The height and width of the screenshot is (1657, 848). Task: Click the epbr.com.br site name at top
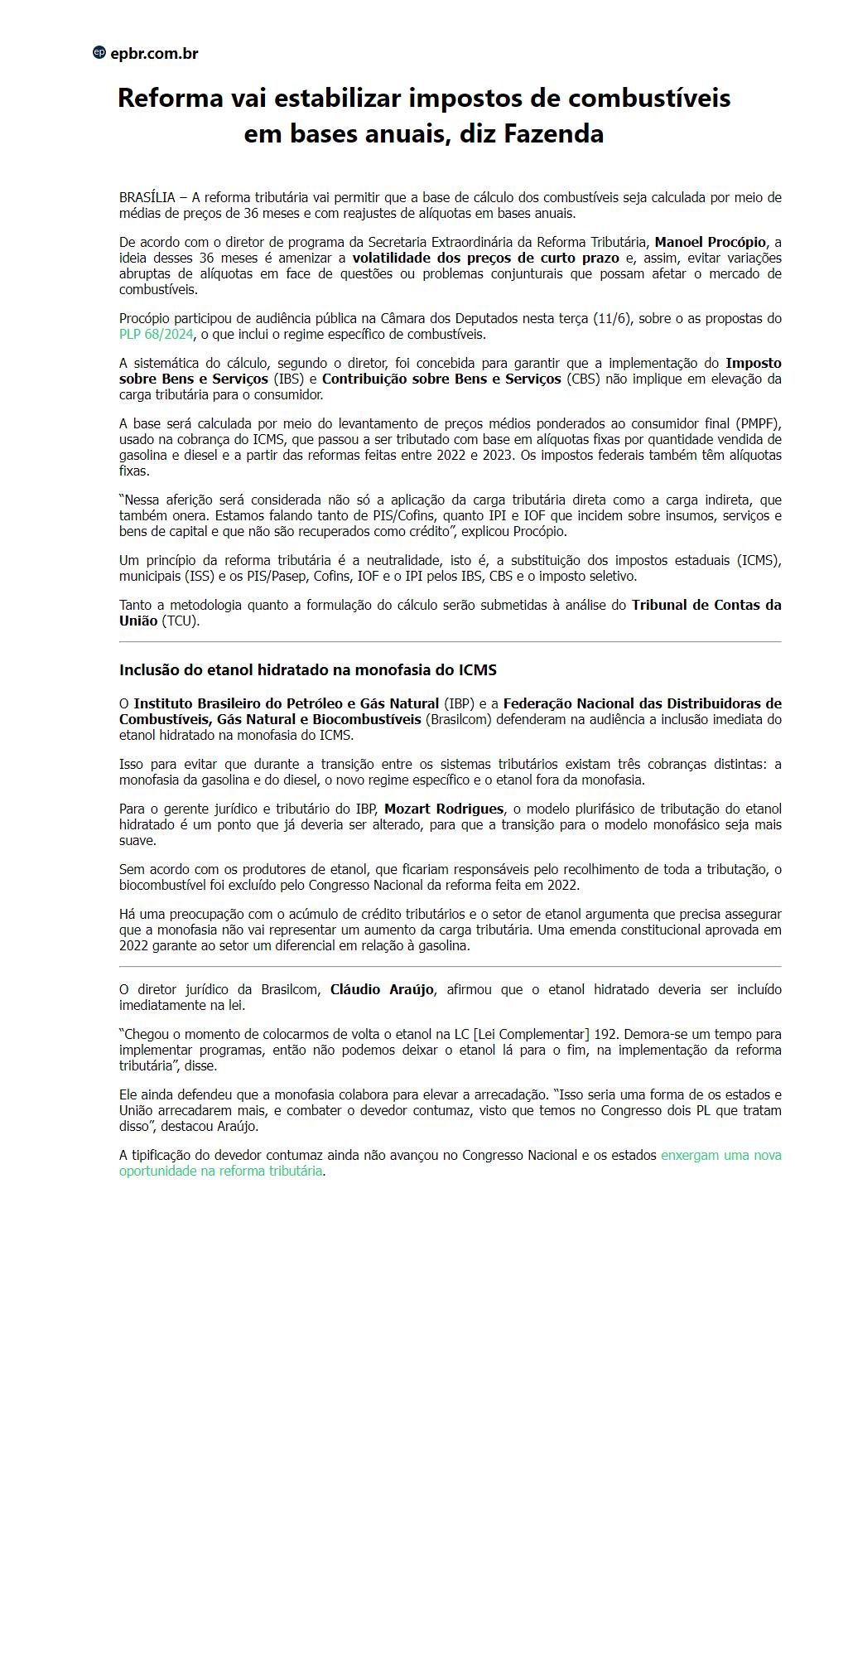click(154, 54)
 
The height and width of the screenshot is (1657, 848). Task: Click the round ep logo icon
click(99, 53)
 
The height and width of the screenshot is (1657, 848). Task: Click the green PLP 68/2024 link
click(157, 335)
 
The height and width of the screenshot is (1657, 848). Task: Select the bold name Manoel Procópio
click(711, 242)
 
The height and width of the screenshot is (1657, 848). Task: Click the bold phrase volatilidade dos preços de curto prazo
click(486, 258)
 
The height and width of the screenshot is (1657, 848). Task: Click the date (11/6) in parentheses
click(613, 319)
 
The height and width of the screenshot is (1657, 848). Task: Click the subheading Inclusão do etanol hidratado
click(307, 670)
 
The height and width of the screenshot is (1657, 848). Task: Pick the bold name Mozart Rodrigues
click(444, 809)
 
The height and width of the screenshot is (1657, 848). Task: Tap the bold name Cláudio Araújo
click(382, 990)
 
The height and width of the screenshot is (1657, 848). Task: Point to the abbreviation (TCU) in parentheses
click(181, 621)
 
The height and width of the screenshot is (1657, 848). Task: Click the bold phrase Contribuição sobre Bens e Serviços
click(442, 379)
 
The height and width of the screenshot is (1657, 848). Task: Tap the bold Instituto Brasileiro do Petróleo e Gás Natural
click(287, 704)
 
